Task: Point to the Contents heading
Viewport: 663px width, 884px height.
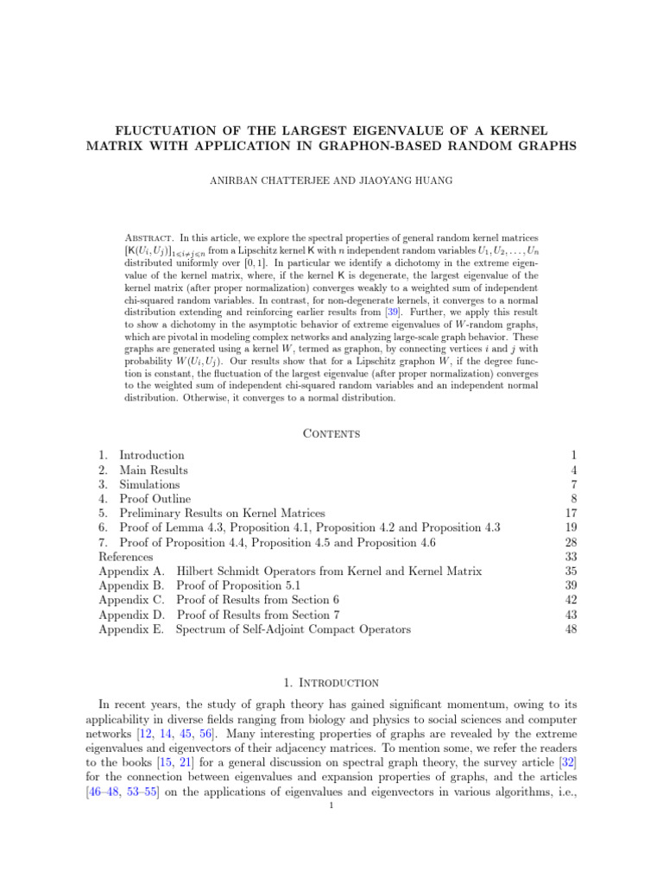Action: [331, 433]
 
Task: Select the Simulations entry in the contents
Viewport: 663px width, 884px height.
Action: [149, 485]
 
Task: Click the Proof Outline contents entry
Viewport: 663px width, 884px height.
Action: [155, 499]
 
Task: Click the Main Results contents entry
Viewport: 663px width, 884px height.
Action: [153, 470]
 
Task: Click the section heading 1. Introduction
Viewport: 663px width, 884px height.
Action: [331, 683]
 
